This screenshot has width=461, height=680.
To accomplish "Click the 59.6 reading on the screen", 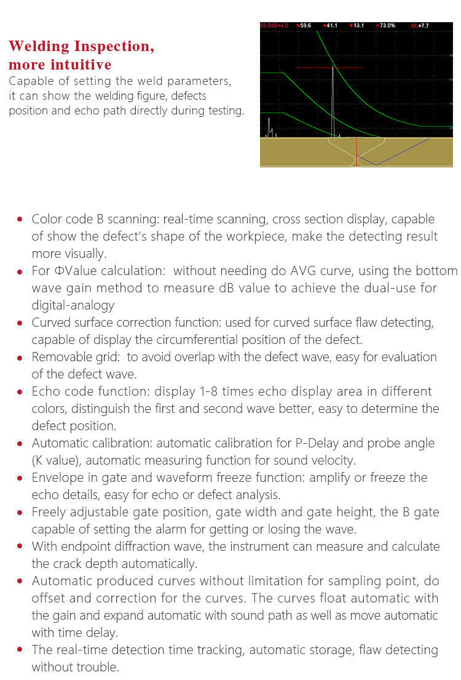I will [x=305, y=25].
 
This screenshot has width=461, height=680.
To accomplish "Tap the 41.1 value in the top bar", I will [x=331, y=25].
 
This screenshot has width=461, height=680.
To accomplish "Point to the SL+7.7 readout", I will [x=420, y=25].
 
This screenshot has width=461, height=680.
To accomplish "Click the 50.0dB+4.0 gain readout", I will [x=274, y=25].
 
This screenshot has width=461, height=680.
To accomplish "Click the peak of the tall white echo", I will [x=333, y=65].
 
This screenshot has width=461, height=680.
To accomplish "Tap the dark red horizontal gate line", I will [x=313, y=68].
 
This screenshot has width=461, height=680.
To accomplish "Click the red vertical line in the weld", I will [x=357, y=151].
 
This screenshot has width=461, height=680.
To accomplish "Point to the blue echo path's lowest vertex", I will [x=376, y=165].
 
